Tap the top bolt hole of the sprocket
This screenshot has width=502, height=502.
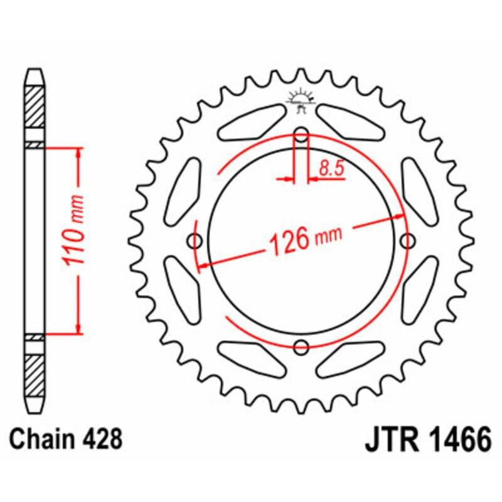tap(302, 135)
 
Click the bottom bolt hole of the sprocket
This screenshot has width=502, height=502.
tap(302, 346)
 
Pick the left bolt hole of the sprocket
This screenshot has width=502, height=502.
tap(196, 240)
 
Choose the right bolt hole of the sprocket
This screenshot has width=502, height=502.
tap(408, 240)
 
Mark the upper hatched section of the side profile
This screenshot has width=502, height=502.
tap(35, 107)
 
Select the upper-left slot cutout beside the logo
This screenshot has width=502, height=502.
tap(251, 123)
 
